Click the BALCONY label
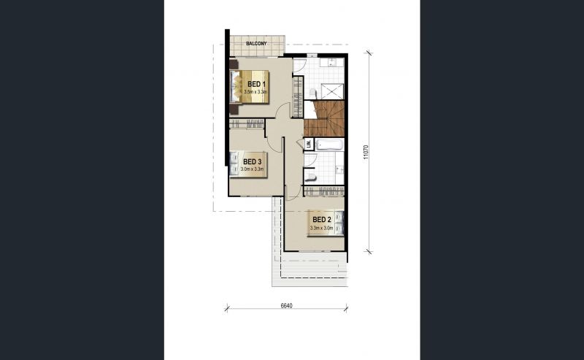coord(256,44)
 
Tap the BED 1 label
coord(256,84)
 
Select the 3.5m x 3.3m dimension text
coord(256,91)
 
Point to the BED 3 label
coord(252,161)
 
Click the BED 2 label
coord(322,220)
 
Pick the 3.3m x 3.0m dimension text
coord(321,227)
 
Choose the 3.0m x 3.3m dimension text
coord(252,169)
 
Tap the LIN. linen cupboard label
coord(308,144)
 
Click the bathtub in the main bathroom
coord(329,145)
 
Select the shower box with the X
coord(332,92)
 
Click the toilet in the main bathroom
coord(310,176)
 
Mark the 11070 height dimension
coord(366,152)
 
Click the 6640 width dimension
coord(286,305)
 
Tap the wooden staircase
coord(324,118)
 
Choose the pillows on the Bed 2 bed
coord(339,223)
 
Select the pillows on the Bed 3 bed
coord(234,164)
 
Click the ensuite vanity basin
coord(331,62)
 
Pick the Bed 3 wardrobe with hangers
coord(247,123)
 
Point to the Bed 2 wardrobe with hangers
coord(324,191)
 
